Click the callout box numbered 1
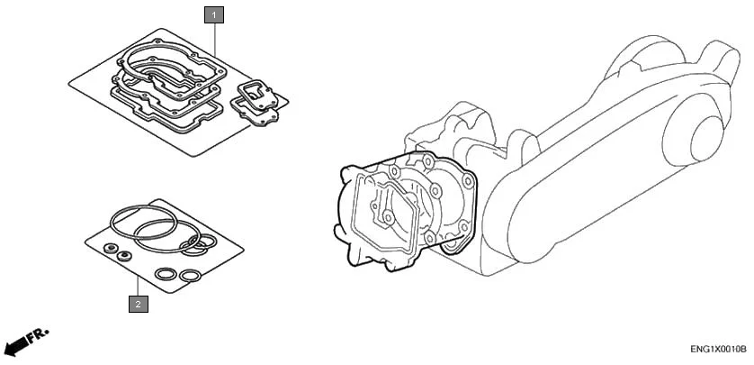coord(214,14)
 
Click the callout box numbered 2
coord(137,305)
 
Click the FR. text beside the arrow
coord(38,336)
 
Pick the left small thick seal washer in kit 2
coord(110,247)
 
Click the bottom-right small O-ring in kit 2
coord(190,276)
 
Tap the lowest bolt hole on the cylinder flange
coord(446,242)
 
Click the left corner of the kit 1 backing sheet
coord(70,83)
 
